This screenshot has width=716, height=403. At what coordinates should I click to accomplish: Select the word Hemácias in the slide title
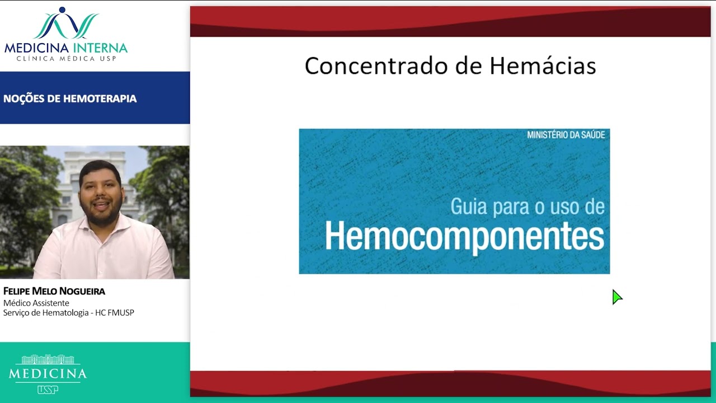[543, 66]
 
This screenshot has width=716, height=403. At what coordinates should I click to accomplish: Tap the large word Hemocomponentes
[464, 237]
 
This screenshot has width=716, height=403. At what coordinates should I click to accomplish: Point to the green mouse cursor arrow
[616, 297]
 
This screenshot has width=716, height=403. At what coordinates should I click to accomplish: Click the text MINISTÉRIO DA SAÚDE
[566, 135]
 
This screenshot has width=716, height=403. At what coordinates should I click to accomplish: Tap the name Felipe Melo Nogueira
[54, 291]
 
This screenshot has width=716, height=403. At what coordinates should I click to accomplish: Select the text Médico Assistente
[36, 303]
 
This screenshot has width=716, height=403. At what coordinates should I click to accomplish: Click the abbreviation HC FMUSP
[115, 312]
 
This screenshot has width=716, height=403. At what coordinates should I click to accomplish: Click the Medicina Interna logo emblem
[66, 24]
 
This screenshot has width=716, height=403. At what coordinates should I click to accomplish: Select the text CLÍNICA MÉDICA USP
[66, 58]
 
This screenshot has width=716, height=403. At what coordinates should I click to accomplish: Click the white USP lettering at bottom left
[48, 390]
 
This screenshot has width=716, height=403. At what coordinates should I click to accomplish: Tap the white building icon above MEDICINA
[48, 359]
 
